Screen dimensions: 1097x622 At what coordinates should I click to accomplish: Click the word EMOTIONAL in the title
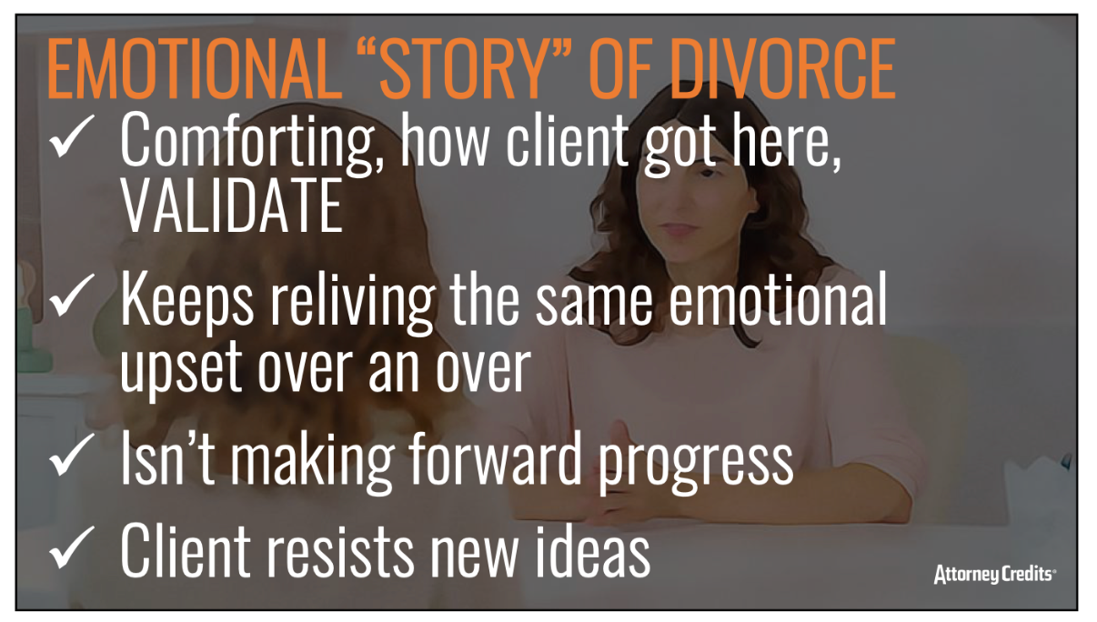click(x=195, y=69)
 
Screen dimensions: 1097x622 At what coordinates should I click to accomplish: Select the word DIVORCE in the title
click(x=782, y=69)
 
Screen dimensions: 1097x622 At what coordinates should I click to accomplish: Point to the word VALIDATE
click(x=232, y=206)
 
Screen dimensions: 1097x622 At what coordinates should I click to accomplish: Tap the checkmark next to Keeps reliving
click(x=72, y=295)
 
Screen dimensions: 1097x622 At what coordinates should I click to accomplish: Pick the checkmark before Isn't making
click(x=72, y=454)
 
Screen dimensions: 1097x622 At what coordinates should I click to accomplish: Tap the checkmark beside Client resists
click(x=72, y=547)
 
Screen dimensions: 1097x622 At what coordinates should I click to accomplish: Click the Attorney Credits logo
click(x=994, y=574)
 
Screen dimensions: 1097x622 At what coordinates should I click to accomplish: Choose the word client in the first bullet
click(x=567, y=141)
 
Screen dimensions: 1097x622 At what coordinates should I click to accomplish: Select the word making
click(x=312, y=463)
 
